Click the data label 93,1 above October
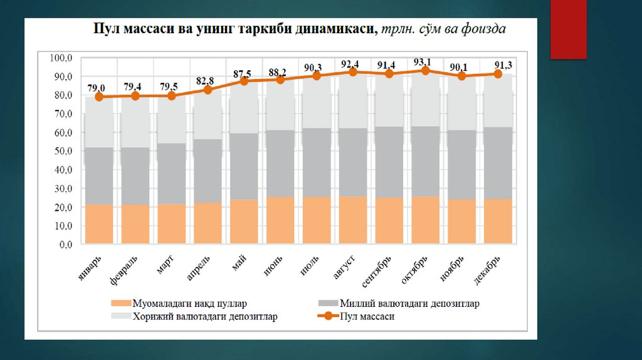click(425, 61)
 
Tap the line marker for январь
click(99, 97)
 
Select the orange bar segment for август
click(353, 220)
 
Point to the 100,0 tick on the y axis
click(62, 58)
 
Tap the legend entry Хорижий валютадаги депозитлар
click(204, 317)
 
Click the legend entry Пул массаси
click(366, 317)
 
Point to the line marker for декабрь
click(498, 74)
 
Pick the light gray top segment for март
click(172, 120)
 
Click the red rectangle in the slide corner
click(568, 29)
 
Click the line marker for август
click(353, 72)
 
